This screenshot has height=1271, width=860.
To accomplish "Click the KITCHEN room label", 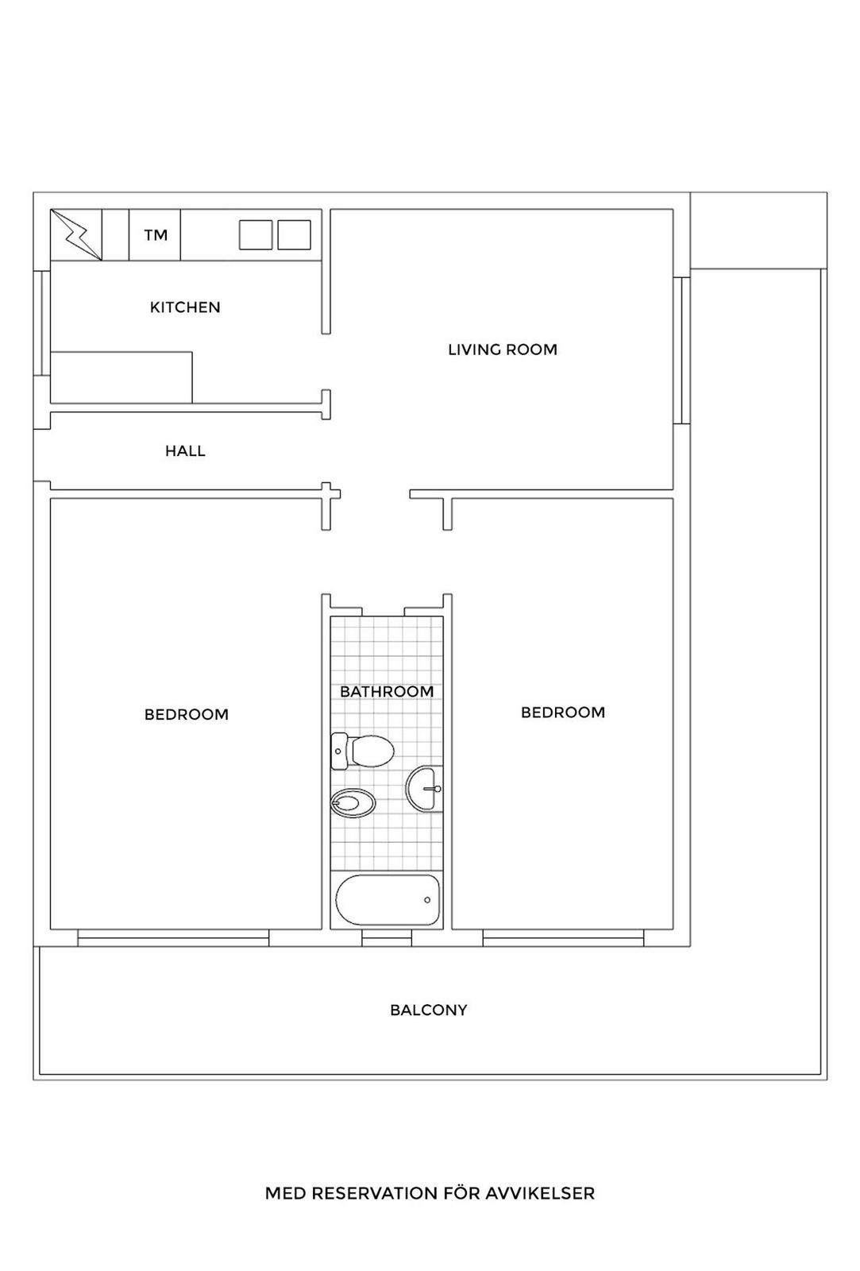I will (185, 307).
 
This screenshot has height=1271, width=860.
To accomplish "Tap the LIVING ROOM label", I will (503, 350).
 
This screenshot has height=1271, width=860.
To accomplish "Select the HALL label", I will (185, 451).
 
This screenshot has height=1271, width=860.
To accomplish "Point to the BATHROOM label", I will (387, 692).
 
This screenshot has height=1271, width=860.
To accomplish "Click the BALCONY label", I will (428, 1010).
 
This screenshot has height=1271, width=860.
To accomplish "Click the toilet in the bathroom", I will (370, 750).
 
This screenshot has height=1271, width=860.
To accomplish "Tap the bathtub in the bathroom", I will (387, 900).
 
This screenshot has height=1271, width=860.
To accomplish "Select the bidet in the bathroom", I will (353, 803).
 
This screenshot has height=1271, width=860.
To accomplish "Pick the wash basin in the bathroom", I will (425, 789).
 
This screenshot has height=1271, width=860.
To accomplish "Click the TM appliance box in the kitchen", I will (155, 235).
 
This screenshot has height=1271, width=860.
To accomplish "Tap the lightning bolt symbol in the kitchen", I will (76, 234).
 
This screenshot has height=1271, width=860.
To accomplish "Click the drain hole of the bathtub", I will (427, 900).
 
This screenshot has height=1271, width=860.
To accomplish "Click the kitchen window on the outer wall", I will (38, 322).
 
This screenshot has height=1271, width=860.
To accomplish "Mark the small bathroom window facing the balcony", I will (387, 938).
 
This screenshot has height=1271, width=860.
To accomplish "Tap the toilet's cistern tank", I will (337, 751).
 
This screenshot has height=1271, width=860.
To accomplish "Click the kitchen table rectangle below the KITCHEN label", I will (121, 377).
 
